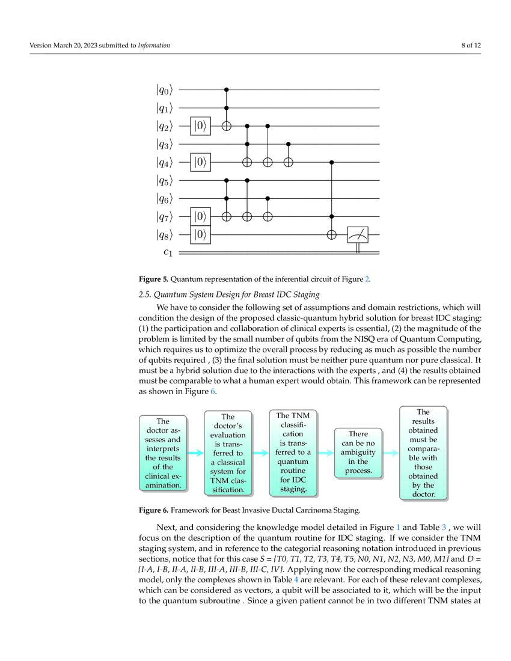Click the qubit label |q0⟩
(164, 90)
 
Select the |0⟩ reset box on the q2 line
(201, 126)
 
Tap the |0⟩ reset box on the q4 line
(201, 162)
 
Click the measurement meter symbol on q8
(358, 235)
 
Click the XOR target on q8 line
(331, 234)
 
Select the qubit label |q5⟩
(164, 180)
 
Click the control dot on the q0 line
(227, 90)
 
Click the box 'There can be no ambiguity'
(358, 452)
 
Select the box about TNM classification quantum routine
(293, 452)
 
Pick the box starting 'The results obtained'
(423, 452)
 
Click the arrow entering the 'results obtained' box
(391, 452)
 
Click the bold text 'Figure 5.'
(154, 279)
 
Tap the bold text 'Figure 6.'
(154, 511)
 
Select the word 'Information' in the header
(154, 45)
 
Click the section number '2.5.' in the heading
(146, 294)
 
